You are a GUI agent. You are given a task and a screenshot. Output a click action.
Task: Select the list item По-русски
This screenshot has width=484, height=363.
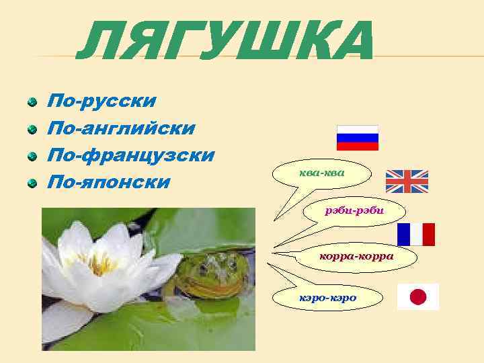pos(101,101)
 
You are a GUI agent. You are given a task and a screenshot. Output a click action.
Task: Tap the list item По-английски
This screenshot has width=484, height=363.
pos(120,128)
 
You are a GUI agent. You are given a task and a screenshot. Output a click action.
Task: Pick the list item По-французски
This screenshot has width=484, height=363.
pos(130,155)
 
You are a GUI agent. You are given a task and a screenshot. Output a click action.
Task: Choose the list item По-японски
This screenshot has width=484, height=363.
pos(108,182)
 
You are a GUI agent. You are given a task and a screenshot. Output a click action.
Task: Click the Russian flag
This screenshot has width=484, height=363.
pos(358,137)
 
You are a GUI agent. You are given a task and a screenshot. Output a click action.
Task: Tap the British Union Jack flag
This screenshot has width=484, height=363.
pos(407,182)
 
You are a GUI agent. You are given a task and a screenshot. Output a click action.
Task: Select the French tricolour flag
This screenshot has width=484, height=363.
pos(416,234)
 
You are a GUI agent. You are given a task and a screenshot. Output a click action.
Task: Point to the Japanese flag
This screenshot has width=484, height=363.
pos(418,296)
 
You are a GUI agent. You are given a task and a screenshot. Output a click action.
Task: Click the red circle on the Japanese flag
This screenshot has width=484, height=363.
pos(418,296)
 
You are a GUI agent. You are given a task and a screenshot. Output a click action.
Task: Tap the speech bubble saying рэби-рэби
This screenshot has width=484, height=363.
pos(354,211)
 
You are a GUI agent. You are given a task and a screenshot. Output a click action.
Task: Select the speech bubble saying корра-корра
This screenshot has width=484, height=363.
pos(356,256)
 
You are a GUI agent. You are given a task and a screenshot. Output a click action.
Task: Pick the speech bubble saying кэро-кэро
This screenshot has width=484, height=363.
pos(329,296)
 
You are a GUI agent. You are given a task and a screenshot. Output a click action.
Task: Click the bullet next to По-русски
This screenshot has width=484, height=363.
pos(32,102)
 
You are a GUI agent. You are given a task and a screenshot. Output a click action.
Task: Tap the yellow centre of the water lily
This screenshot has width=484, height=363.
pos(101,263)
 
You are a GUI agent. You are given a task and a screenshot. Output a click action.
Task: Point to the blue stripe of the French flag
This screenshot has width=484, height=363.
pos(403,234)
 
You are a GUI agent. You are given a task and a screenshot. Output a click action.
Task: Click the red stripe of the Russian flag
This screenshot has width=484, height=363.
pos(358,146)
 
